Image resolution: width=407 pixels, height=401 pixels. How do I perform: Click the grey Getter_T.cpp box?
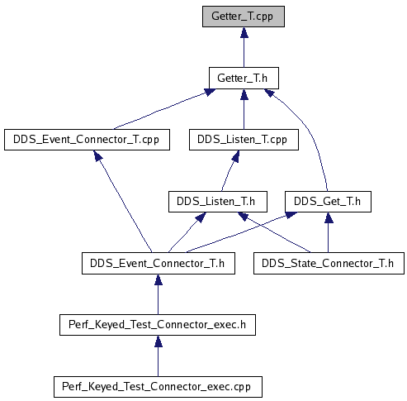[x=244, y=17]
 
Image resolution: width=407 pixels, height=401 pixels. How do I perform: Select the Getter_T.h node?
[x=244, y=78]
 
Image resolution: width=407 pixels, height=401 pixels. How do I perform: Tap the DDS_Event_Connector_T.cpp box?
[x=87, y=140]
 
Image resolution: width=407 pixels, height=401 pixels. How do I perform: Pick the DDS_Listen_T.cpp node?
[x=244, y=140]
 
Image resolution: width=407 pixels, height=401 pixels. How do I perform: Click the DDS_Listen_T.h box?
[x=218, y=202]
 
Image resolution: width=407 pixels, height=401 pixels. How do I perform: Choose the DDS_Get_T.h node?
[x=328, y=202]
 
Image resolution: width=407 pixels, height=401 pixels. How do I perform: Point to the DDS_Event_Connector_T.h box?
[x=159, y=264]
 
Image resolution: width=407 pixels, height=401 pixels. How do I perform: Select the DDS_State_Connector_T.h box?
[x=329, y=264]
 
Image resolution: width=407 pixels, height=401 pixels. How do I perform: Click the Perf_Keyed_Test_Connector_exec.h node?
[x=158, y=325]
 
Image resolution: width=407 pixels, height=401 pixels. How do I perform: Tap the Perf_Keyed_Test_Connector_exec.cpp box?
[x=158, y=387]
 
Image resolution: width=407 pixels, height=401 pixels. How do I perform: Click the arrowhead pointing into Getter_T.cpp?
[x=244, y=32]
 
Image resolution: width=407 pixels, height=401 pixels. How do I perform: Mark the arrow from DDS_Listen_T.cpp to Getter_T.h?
[x=244, y=109]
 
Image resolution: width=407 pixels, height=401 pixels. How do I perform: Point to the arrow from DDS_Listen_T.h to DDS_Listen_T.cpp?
[x=230, y=171]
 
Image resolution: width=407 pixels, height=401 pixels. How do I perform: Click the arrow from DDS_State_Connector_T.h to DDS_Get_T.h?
[x=328, y=232]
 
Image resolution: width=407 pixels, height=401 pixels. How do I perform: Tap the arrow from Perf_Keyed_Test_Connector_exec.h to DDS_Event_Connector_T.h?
[x=158, y=294]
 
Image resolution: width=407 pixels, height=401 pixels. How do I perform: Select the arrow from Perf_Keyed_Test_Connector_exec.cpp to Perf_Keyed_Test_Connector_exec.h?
[x=158, y=356]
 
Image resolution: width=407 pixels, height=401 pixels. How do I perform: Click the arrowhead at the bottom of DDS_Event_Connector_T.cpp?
[x=97, y=155]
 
